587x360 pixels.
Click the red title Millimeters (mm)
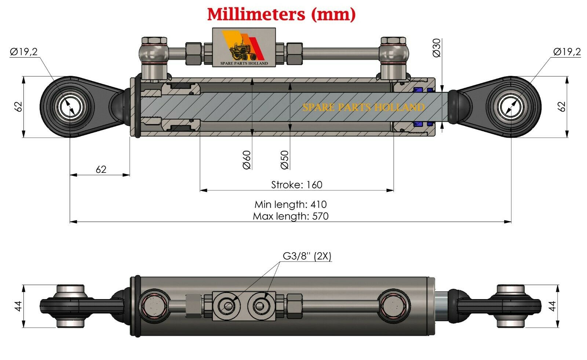[281, 14]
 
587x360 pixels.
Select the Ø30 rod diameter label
[437, 48]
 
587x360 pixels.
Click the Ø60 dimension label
[247, 160]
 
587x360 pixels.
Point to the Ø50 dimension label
[285, 160]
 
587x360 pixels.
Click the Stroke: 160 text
[296, 185]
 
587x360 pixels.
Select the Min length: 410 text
[291, 204]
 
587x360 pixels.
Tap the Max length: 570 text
[291, 216]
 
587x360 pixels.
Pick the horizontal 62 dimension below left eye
[101, 169]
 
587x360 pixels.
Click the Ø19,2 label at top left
[24, 52]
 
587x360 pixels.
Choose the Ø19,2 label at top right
[567, 52]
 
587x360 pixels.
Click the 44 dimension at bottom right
[552, 305]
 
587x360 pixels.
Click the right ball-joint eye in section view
[511, 107]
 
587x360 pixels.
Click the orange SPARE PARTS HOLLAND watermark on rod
[363, 107]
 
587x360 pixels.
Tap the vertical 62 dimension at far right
[561, 107]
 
